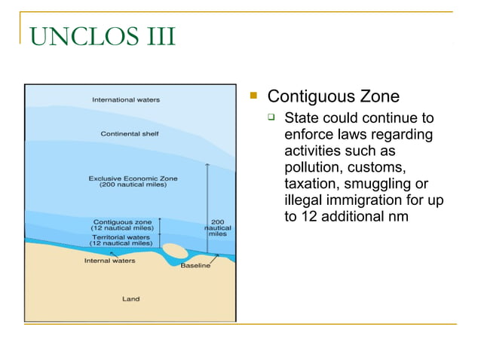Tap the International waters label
[x=126, y=99]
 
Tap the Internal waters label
[x=109, y=261]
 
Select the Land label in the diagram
[x=130, y=299]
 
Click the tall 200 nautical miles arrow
[x=208, y=203]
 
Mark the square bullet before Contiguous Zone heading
[x=255, y=96]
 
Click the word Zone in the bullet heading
[x=379, y=96]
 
